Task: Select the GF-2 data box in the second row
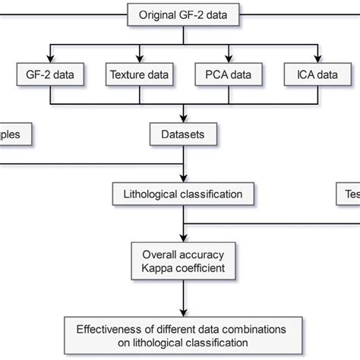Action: tap(50, 75)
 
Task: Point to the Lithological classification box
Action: tap(182, 194)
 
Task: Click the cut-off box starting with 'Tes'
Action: tap(348, 194)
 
